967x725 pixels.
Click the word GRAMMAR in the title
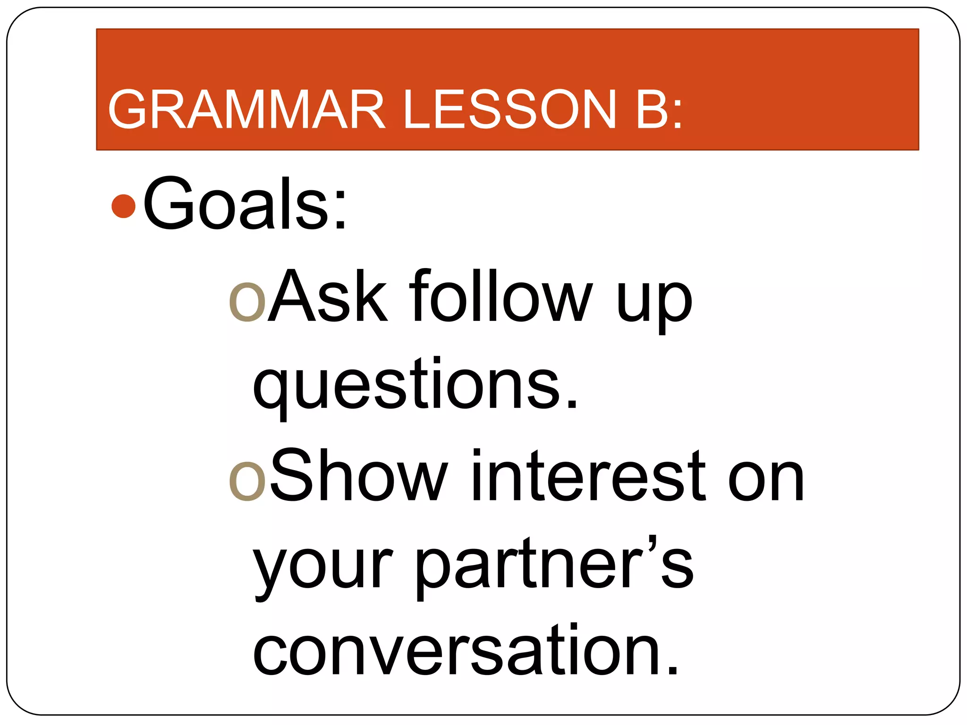coord(246,109)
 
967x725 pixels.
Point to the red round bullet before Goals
coord(124,206)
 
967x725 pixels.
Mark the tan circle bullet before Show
coord(247,481)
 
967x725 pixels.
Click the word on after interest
coord(766,481)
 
